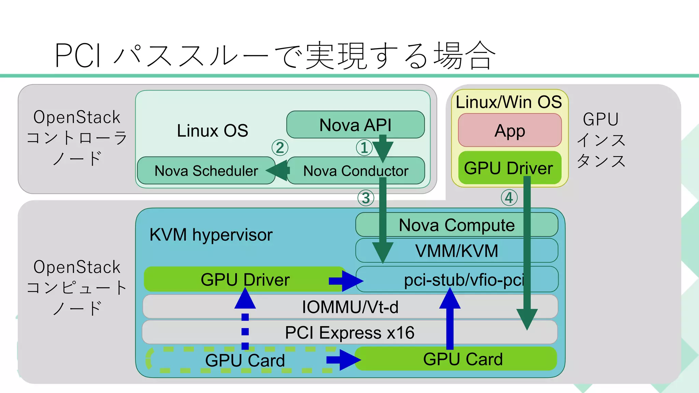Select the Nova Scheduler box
click(x=206, y=171)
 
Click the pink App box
click(x=510, y=130)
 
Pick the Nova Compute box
click(x=456, y=225)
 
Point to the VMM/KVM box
click(x=456, y=251)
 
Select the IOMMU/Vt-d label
click(x=350, y=307)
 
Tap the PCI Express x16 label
click(x=350, y=332)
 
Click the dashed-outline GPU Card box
click(x=244, y=360)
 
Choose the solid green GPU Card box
click(x=462, y=359)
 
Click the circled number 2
click(x=280, y=148)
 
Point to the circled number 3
click(x=366, y=198)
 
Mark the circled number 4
click(x=509, y=198)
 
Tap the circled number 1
click(x=364, y=148)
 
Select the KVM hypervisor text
click(x=211, y=235)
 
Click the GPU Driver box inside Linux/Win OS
click(x=509, y=168)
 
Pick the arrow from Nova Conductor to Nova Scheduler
click(x=278, y=171)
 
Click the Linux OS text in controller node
click(x=212, y=131)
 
